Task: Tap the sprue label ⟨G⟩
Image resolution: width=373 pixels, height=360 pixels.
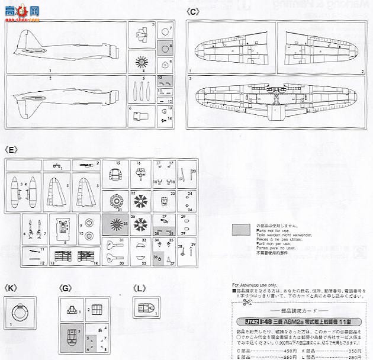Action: point(66,288)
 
